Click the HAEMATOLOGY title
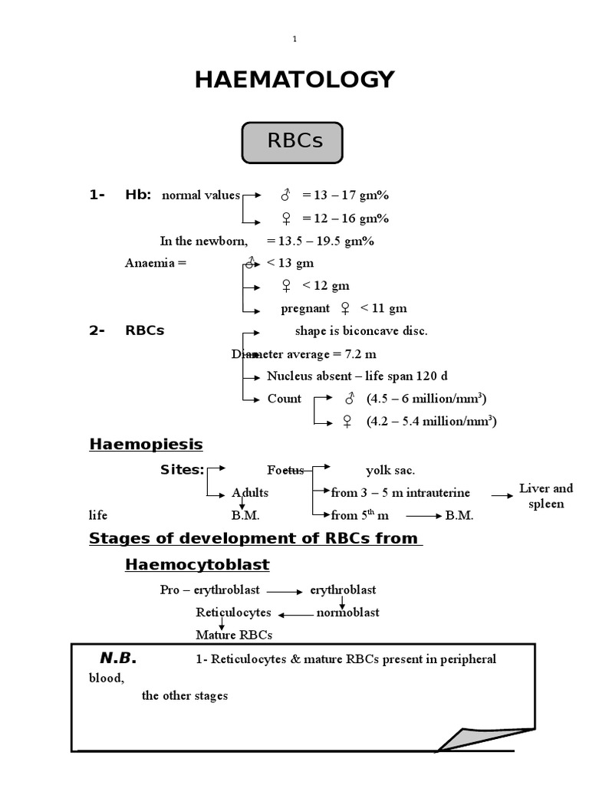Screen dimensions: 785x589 coord(294,79)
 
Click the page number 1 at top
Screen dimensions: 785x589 coord(295,40)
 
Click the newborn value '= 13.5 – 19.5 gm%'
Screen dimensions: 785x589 coord(321,241)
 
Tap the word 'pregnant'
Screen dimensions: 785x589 coord(305,309)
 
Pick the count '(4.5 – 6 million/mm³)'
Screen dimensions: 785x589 coord(426,399)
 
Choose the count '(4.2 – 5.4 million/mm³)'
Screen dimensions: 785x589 coord(431,421)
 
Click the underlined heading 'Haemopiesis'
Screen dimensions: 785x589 coord(146,445)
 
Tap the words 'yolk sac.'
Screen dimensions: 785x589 coord(390,470)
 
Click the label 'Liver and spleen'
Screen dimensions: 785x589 coord(546,496)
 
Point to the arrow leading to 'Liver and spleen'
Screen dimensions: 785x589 coord(502,496)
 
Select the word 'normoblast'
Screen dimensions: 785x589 coord(348,613)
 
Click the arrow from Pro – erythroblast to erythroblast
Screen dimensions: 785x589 coord(285,592)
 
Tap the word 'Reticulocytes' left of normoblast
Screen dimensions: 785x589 coord(233,613)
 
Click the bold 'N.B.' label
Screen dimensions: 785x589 coord(117,659)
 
